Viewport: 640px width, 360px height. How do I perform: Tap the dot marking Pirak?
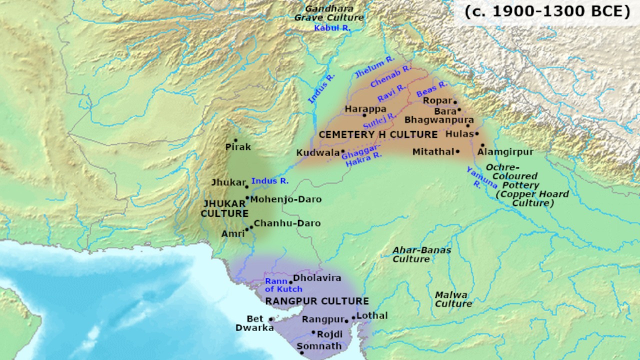[x=235, y=140]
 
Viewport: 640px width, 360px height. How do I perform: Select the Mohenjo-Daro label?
[x=285, y=199]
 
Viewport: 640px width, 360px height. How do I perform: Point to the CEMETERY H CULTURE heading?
[x=377, y=134]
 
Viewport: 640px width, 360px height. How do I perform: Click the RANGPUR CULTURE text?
[x=317, y=301]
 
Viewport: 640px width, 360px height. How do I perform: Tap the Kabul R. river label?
[x=332, y=28]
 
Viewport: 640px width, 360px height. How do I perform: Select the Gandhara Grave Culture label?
[x=328, y=13]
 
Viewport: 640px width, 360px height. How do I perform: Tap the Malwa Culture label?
[x=452, y=299]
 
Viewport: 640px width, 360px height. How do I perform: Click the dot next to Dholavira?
[x=290, y=282]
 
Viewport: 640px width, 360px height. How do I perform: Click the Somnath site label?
[x=319, y=346]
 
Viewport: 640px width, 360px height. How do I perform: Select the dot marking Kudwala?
[x=343, y=151]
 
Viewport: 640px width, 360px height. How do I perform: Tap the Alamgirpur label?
[x=505, y=151]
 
